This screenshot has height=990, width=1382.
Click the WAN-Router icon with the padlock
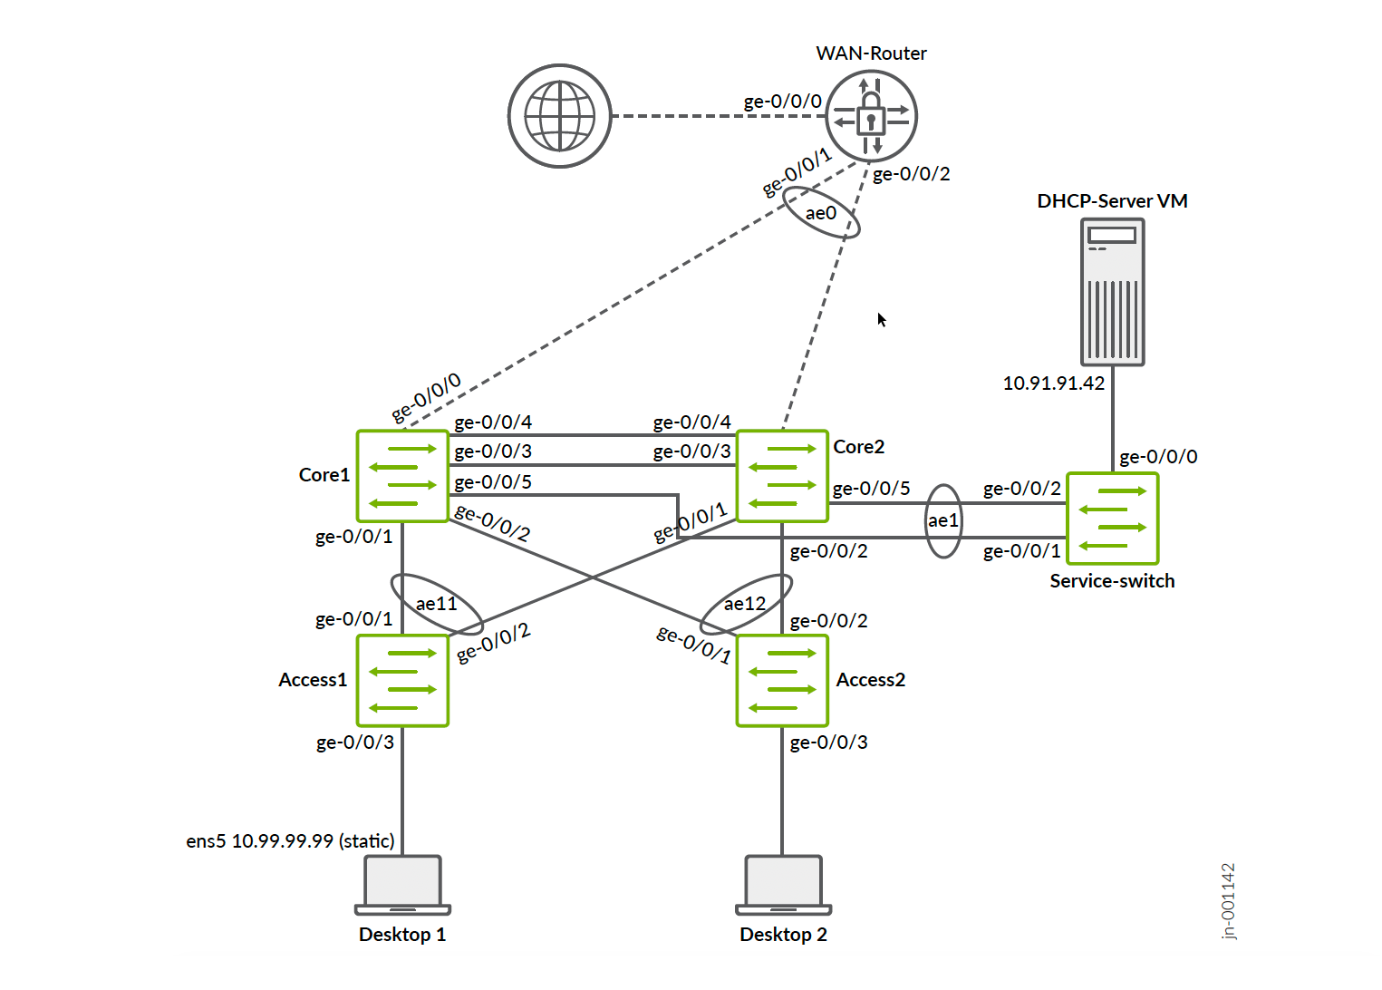[x=871, y=116]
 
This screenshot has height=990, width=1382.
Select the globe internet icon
[x=560, y=116]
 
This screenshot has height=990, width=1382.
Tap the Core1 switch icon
[x=403, y=476]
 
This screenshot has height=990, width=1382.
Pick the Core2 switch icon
[x=782, y=476]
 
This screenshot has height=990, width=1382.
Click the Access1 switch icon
[x=403, y=680]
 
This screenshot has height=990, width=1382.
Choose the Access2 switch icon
[x=782, y=680]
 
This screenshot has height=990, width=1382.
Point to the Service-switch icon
[x=1113, y=519]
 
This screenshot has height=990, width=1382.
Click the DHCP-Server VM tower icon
[x=1113, y=292]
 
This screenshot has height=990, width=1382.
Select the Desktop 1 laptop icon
[x=403, y=885]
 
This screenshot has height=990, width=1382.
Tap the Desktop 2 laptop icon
[x=783, y=885]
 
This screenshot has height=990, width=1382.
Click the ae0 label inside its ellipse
[x=821, y=213]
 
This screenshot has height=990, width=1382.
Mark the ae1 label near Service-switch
[x=943, y=520]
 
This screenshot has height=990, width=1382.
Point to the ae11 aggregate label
[x=437, y=604]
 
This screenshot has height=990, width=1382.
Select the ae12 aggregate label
[x=745, y=604]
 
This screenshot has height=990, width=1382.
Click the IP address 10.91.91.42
[x=1054, y=383]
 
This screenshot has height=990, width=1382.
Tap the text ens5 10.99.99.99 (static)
[x=291, y=841]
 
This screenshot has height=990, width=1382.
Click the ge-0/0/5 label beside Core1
[x=493, y=482]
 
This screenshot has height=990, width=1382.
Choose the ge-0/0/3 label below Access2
[x=828, y=742]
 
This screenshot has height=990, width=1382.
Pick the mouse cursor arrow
[x=881, y=319]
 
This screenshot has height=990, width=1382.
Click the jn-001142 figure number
[x=1229, y=901]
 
